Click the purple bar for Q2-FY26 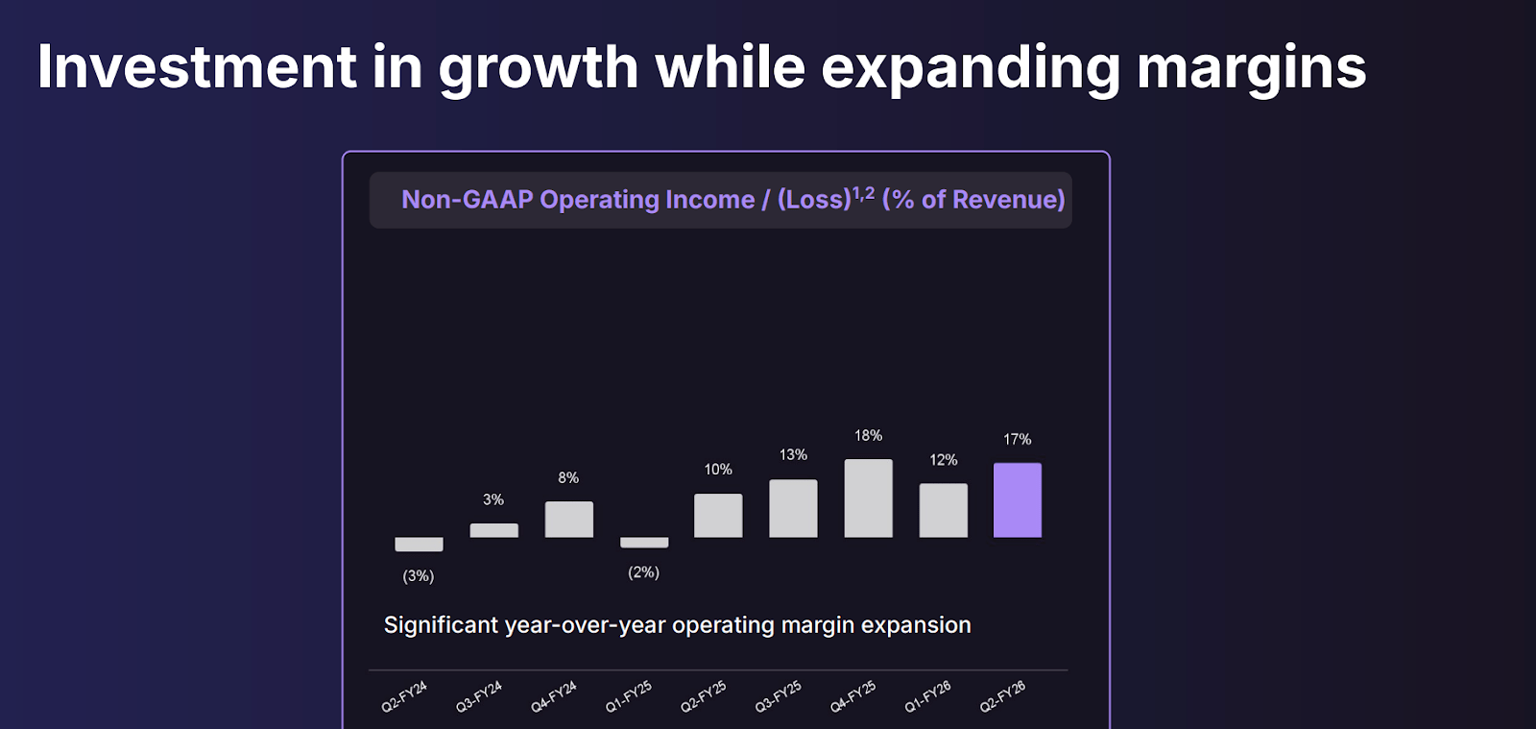[1017, 500]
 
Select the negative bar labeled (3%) [419, 545]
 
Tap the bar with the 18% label [868, 498]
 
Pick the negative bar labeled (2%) [643, 543]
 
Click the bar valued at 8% [568, 520]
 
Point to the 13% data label [793, 454]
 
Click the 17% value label [1017, 439]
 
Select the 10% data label [718, 469]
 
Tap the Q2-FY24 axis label [404, 696]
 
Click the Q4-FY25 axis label [852, 696]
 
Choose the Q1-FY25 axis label [629, 696]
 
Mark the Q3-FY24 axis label [479, 696]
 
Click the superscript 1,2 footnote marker [863, 193]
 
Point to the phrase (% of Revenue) [973, 200]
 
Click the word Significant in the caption [441, 625]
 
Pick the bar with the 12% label [943, 510]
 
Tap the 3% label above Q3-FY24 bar [493, 499]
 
